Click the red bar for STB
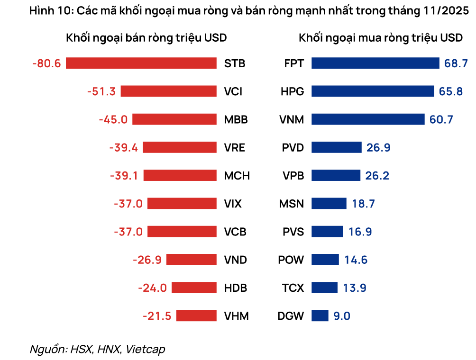tap(141, 63)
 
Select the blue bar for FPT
tap(375, 63)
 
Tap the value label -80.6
tap(46, 63)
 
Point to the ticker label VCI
tap(233, 91)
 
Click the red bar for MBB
tap(174, 119)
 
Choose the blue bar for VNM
tap(367, 119)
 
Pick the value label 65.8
tap(451, 91)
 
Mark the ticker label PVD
tap(293, 148)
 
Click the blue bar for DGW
tap(320, 316)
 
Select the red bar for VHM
tap(196, 316)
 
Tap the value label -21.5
tap(156, 316)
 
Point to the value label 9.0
tap(341, 316)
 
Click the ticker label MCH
tap(237, 176)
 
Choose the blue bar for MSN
tap(329, 204)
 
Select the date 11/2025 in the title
tap(446, 11)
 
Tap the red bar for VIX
tap(182, 204)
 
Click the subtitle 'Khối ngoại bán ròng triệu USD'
tap(146, 38)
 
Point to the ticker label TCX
tap(293, 288)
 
